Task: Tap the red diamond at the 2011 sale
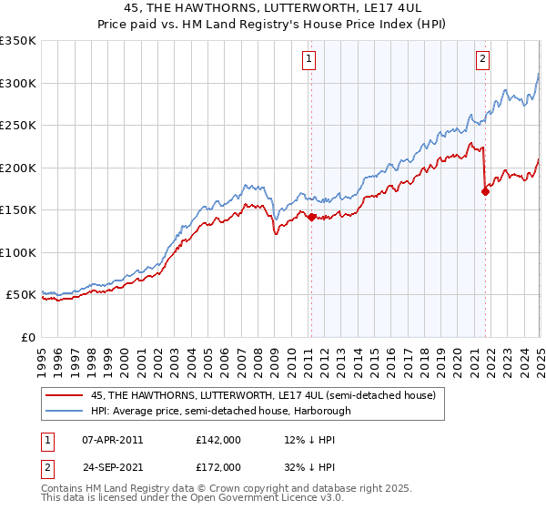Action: (311, 217)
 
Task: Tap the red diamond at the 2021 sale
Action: (485, 191)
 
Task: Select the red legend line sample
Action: (65, 396)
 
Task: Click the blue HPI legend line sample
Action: (65, 411)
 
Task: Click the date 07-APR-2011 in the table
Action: (112, 439)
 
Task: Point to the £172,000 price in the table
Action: (218, 466)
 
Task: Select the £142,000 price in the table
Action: (218, 439)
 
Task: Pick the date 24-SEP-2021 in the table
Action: (112, 466)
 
